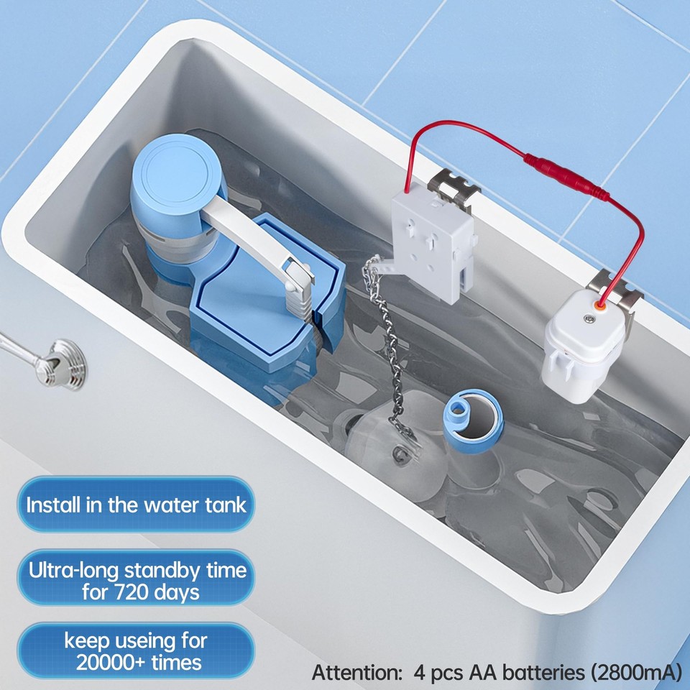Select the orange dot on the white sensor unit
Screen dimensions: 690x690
point(591,304)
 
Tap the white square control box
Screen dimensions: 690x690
point(431,245)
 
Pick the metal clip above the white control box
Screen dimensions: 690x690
point(453,185)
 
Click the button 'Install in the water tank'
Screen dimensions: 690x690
point(136,504)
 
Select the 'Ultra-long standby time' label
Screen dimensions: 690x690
point(137,571)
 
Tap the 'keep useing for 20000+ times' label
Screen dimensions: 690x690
point(136,650)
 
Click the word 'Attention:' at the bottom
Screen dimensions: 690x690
point(356,673)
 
